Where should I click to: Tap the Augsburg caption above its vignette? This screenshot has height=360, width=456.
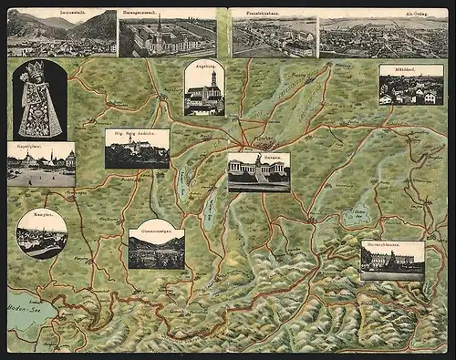tap(203, 65)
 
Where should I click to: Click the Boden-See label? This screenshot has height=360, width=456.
tap(25, 312)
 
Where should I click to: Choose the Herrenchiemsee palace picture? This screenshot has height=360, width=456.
tap(392, 262)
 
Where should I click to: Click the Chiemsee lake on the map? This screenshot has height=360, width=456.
tap(357, 217)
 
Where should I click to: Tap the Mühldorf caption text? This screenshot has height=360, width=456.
tap(410, 69)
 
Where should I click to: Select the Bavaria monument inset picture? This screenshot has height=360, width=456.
tap(258, 174)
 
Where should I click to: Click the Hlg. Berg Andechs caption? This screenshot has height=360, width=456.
tap(137, 133)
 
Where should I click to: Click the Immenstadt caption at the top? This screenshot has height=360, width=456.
tap(61, 13)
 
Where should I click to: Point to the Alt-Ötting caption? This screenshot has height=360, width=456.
tap(383, 13)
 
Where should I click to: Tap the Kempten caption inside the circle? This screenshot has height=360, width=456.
tap(41, 219)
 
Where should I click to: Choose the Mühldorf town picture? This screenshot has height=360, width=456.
tap(411, 88)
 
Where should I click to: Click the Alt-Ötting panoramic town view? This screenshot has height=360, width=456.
tap(383, 38)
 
